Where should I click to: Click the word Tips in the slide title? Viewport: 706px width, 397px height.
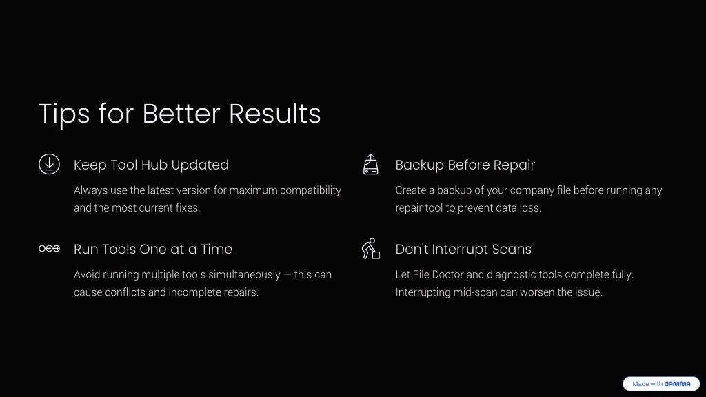(64, 114)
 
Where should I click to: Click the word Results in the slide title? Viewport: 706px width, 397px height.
(274, 114)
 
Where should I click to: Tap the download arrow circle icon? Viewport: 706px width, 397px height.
(49, 164)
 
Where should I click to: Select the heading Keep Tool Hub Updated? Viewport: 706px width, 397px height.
(151, 165)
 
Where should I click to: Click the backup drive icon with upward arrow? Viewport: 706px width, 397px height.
(370, 164)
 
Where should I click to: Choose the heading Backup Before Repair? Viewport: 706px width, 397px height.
(465, 165)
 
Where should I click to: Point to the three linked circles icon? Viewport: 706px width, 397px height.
(49, 248)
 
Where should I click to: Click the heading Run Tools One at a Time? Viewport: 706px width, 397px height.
(153, 249)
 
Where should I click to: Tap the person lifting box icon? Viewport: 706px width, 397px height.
(370, 248)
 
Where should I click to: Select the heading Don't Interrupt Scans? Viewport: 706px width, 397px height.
(463, 249)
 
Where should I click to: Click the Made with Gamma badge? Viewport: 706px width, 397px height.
(661, 384)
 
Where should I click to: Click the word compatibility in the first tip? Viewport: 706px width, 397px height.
(311, 190)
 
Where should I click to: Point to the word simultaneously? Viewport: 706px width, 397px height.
(244, 274)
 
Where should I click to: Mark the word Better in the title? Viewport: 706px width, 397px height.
(181, 114)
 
